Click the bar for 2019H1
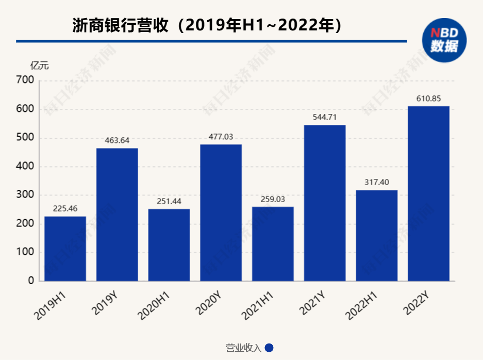[65, 249]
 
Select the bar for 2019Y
[117, 215]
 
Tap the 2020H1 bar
[169, 245]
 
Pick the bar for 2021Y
[324, 203]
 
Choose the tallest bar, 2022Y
[428, 193]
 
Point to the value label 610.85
[428, 99]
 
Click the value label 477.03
[221, 137]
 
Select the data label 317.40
[376, 183]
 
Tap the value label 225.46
[65, 209]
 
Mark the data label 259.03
[272, 199]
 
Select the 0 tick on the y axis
[31, 281]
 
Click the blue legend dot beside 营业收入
[269, 348]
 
